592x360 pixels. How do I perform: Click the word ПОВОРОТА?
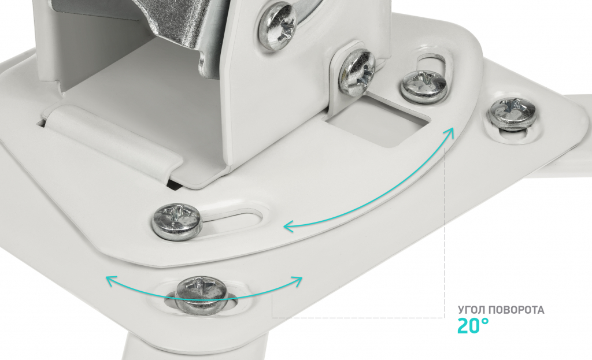point(516,310)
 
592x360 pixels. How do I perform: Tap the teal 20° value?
point(473,326)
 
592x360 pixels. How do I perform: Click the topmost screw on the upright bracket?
point(277,25)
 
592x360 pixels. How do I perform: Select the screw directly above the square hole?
point(357,71)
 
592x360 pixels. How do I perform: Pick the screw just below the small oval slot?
point(424,86)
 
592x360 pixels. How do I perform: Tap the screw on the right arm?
point(513,114)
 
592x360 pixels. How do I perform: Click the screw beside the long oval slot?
point(177,221)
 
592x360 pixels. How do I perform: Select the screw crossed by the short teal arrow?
point(201,295)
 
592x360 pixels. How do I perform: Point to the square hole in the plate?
point(378,121)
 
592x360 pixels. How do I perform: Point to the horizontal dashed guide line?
point(358,317)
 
